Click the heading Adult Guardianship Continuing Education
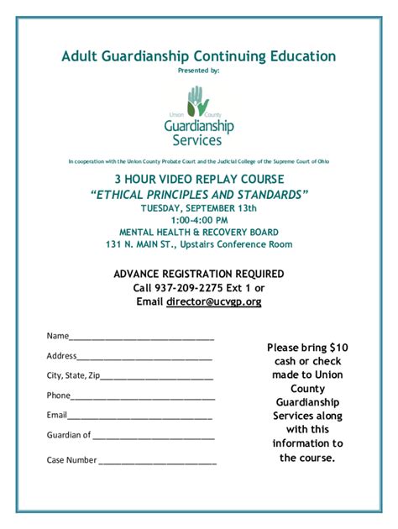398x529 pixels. pyautogui.click(x=199, y=56)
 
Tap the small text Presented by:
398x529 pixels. pyautogui.click(x=199, y=71)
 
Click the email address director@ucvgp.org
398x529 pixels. pyautogui.click(x=213, y=301)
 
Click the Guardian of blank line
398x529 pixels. pyautogui.click(x=154, y=438)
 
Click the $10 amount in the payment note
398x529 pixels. pyautogui.click(x=338, y=347)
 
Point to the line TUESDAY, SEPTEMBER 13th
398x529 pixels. pyautogui.click(x=199, y=208)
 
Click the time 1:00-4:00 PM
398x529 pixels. pyautogui.click(x=199, y=220)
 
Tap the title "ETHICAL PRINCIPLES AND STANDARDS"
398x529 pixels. pyautogui.click(x=199, y=194)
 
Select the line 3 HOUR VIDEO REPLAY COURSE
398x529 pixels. pyautogui.click(x=199, y=180)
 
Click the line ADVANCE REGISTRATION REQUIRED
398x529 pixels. pyautogui.click(x=199, y=274)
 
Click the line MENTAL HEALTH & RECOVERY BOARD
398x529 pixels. pyautogui.click(x=199, y=232)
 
